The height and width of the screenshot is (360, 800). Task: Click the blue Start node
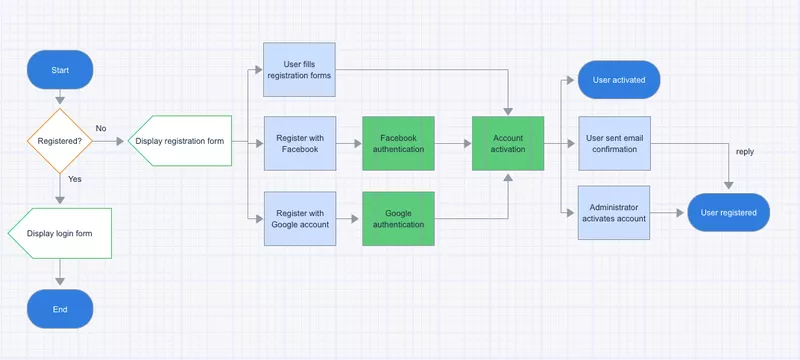(x=60, y=70)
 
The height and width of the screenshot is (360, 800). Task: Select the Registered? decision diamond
(x=60, y=141)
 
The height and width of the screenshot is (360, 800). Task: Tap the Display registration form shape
(x=179, y=141)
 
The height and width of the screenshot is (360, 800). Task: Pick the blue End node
(x=60, y=309)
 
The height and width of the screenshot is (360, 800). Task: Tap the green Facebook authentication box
(x=398, y=143)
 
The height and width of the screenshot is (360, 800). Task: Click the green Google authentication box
(x=398, y=218)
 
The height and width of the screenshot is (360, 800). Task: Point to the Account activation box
(x=508, y=143)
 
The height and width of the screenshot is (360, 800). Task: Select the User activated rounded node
(x=619, y=78)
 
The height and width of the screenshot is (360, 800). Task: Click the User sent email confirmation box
(x=615, y=143)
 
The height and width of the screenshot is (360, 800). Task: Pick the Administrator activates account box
(x=615, y=212)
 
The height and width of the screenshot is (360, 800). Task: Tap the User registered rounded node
(x=728, y=212)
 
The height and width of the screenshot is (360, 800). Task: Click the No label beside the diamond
(x=101, y=128)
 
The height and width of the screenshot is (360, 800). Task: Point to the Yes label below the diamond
(x=75, y=178)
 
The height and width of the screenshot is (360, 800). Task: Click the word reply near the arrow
(x=744, y=152)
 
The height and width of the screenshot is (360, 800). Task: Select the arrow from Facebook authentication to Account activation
(x=453, y=143)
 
